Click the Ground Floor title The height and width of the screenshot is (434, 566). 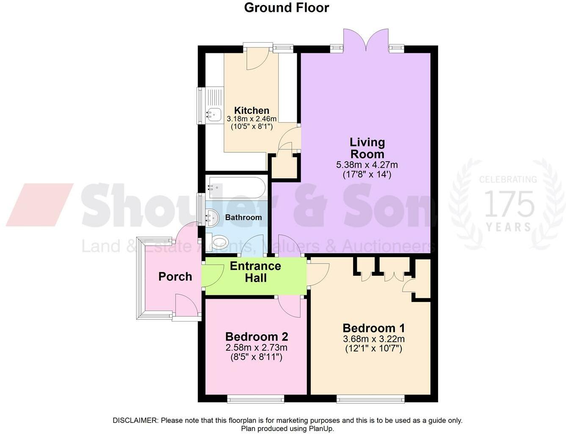[286, 8]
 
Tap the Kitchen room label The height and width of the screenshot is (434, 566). [252, 110]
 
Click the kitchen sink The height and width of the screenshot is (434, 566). [214, 113]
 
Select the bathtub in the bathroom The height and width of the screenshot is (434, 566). [236, 187]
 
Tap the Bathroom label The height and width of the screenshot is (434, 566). [243, 217]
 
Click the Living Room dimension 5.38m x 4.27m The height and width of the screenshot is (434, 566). [367, 165]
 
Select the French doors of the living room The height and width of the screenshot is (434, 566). [366, 40]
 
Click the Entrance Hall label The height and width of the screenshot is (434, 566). [255, 272]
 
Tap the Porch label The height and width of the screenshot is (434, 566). [175, 277]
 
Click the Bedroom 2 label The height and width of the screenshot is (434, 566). [257, 337]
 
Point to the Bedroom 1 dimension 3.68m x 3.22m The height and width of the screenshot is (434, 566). [374, 339]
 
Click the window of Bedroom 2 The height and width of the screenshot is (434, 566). [255, 398]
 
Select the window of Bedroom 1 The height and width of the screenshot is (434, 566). [370, 398]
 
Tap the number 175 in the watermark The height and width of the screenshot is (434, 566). [509, 204]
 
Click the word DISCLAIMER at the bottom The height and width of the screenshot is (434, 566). [135, 420]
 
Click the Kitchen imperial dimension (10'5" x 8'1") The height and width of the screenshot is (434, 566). [251, 126]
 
